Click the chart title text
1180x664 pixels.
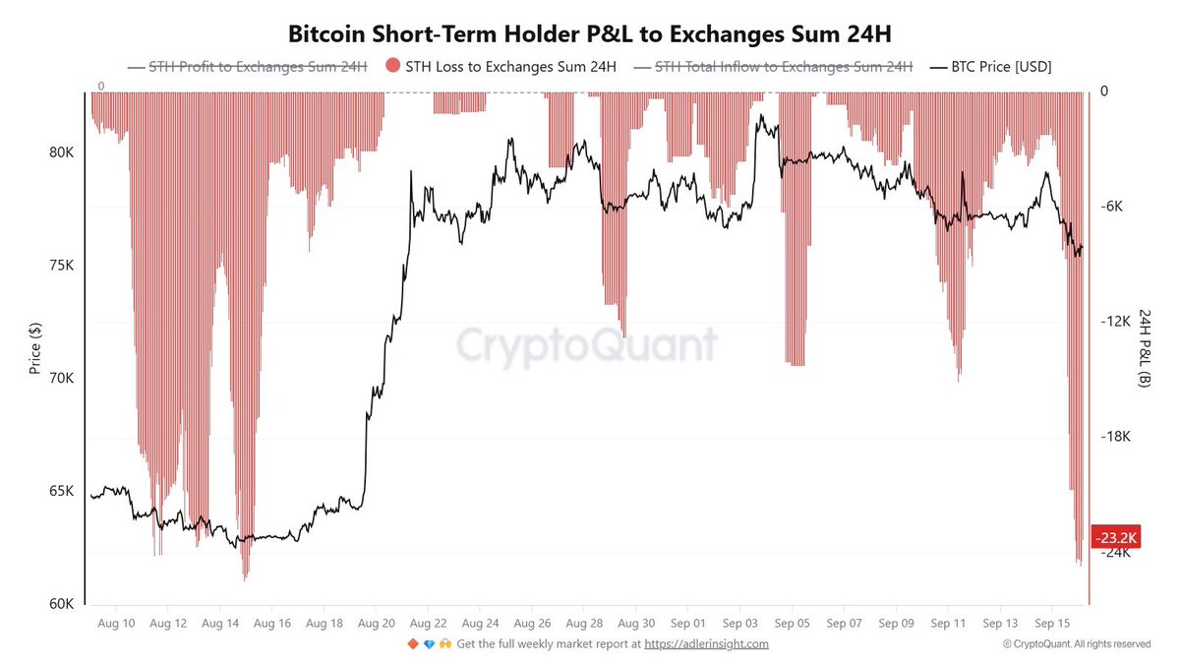(x=589, y=34)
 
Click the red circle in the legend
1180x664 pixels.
(x=392, y=65)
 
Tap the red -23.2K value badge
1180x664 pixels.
(x=1116, y=537)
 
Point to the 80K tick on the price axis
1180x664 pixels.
(x=62, y=152)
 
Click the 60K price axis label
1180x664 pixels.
(x=62, y=604)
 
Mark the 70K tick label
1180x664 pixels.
(x=62, y=378)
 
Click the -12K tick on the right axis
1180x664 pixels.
(x=1116, y=322)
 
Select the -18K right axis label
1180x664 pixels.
(x=1116, y=437)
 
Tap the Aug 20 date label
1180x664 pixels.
(x=376, y=624)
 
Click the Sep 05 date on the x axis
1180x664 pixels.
(x=792, y=624)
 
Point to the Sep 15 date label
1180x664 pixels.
(x=1052, y=624)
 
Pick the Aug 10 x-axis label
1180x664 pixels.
(x=116, y=624)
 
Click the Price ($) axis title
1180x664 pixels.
(x=34, y=348)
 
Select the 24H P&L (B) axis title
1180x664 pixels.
(x=1145, y=348)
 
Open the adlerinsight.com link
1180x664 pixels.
(x=706, y=644)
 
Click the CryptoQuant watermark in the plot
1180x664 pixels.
(x=586, y=345)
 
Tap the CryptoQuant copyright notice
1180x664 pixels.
(x=1077, y=644)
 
